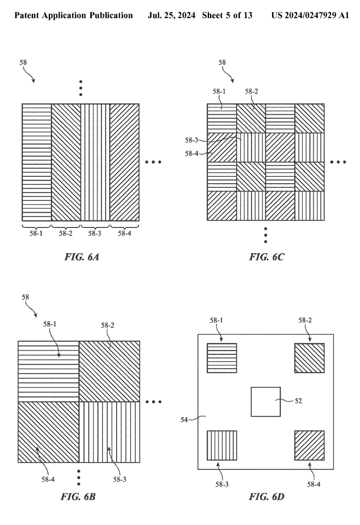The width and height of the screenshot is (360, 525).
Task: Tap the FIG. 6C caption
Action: [267, 258]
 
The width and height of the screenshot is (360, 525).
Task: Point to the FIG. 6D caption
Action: [266, 497]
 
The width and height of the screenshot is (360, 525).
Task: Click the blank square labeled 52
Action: [266, 402]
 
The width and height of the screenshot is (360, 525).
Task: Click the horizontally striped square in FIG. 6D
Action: [222, 358]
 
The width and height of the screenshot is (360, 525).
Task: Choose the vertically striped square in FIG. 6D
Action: [222, 445]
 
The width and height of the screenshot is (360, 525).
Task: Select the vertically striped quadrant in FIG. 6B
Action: [109, 432]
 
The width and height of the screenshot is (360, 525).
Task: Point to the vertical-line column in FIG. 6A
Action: [95, 162]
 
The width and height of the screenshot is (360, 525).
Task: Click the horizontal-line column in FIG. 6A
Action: [36, 162]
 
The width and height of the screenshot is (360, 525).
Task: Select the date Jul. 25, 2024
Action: [171, 15]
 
